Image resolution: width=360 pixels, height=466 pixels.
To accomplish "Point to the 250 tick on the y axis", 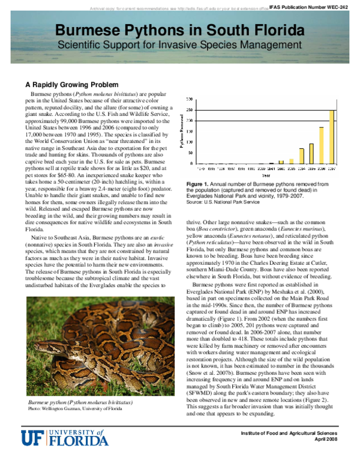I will click(x=190, y=110).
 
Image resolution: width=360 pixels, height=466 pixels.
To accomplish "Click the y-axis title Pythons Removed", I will click(x=182, y=132).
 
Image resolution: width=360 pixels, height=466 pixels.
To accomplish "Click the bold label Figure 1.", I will click(x=197, y=183).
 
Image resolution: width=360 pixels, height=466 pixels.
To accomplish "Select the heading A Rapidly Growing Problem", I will click(x=71, y=84).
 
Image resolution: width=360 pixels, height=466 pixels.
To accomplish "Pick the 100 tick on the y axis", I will click(x=190, y=142).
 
